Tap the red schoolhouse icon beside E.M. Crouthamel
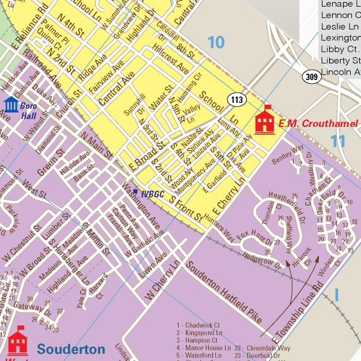click(x=265, y=121)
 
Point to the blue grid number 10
click(x=215, y=42)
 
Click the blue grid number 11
click(x=339, y=141)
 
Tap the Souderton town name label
click(x=70, y=349)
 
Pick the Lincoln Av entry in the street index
click(x=341, y=72)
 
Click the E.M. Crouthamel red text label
click(x=321, y=123)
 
